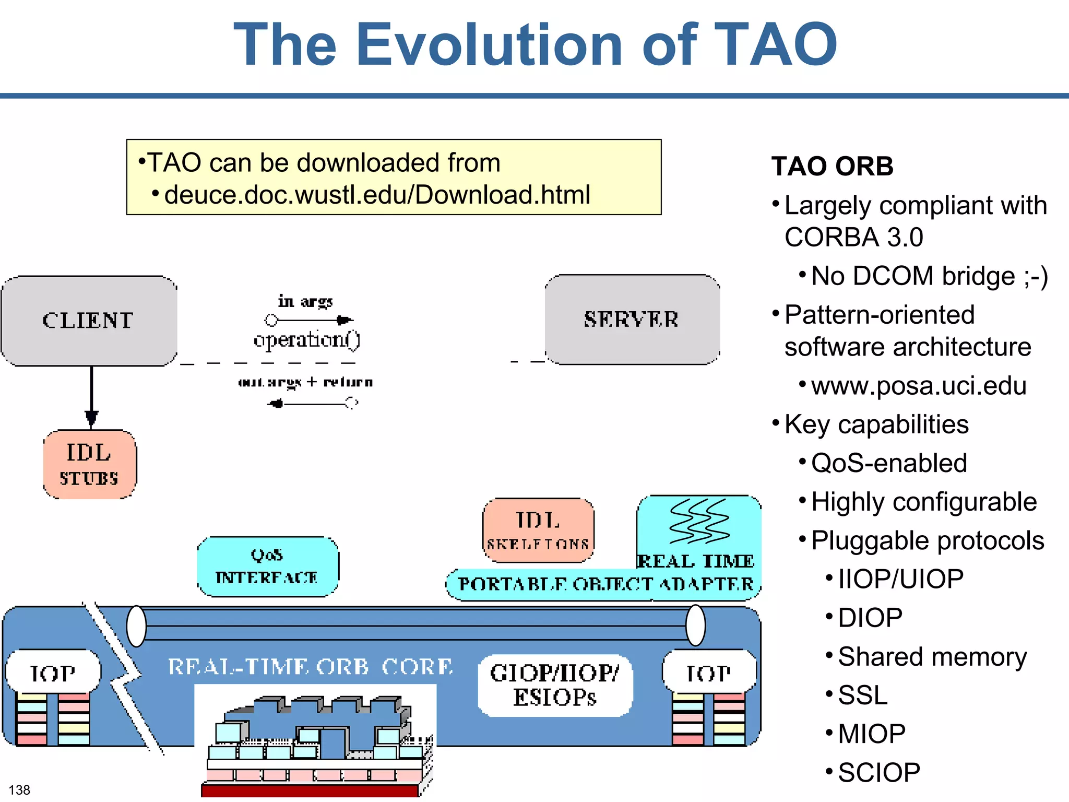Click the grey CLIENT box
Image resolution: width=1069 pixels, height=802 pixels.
(x=89, y=321)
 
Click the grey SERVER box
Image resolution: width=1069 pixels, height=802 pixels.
(x=632, y=319)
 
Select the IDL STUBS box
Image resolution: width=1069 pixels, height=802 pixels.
(x=89, y=464)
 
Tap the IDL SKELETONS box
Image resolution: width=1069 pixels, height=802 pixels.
(x=538, y=530)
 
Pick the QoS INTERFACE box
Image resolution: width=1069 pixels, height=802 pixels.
(x=267, y=567)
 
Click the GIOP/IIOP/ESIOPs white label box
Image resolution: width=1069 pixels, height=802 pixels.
(x=554, y=685)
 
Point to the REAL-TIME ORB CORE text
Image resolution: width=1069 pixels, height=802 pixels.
(x=310, y=667)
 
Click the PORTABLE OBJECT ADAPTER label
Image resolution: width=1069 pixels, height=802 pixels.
(x=605, y=584)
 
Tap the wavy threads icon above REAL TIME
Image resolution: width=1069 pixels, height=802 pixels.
(x=699, y=521)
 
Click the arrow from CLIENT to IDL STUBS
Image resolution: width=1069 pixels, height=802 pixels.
(x=91, y=397)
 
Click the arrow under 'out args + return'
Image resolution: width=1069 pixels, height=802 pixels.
(x=312, y=404)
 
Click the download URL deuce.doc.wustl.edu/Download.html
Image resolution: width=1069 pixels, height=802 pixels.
(x=377, y=195)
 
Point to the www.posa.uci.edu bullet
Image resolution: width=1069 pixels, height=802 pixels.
(x=919, y=386)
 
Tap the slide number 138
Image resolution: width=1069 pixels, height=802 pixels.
(x=20, y=789)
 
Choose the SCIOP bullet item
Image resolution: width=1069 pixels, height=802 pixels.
(x=879, y=772)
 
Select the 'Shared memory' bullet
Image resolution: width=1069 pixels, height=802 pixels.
(x=932, y=656)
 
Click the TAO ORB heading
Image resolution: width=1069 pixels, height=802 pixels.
(x=832, y=167)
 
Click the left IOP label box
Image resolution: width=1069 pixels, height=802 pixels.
(x=53, y=673)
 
